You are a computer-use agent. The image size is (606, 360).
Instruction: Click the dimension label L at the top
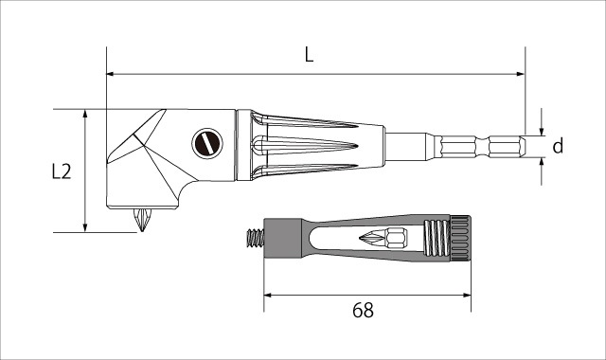309,55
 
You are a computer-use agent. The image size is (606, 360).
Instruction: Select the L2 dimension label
62,171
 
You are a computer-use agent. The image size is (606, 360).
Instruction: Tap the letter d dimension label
558,146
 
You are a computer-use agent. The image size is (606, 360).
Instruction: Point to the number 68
363,310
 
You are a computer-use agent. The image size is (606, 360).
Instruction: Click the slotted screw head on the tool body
207,143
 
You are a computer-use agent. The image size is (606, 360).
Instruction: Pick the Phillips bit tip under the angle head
142,220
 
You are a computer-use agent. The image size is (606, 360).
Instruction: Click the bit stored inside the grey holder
383,237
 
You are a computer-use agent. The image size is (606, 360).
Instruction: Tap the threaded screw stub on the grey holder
255,239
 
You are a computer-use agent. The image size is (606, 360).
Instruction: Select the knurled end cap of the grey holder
460,238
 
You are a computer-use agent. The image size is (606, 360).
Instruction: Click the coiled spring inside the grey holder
437,238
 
